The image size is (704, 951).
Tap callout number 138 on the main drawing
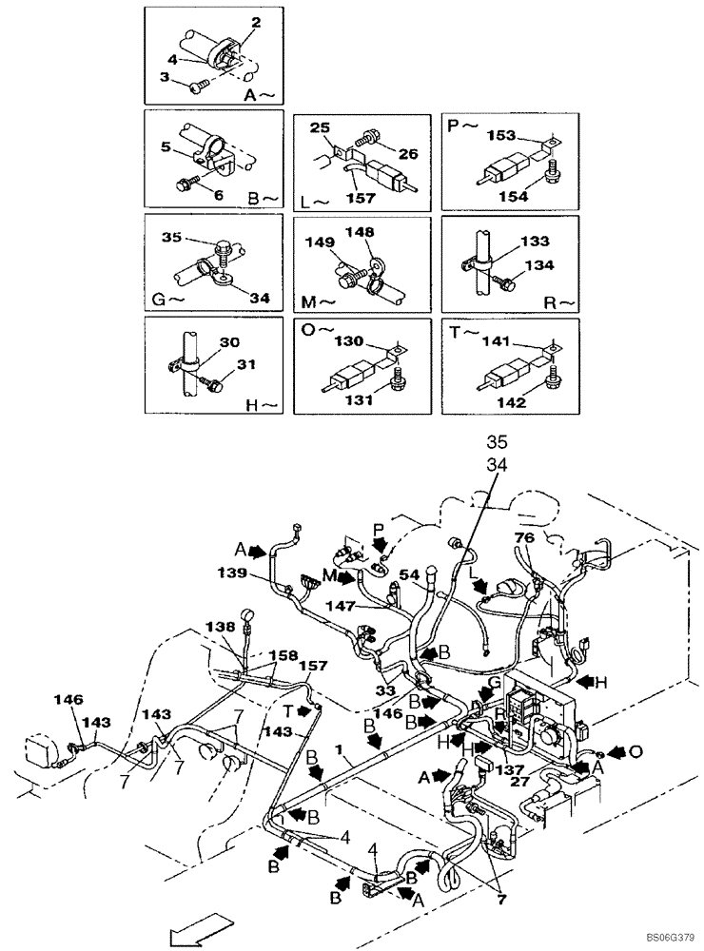[220, 628]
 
